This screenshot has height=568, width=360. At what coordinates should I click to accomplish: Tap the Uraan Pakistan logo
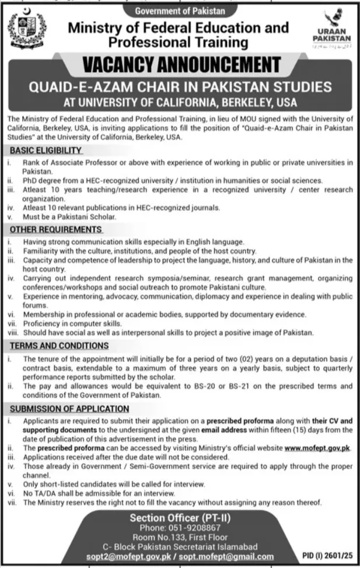[x=331, y=33]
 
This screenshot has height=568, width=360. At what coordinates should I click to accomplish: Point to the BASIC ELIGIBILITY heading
[x=46, y=150]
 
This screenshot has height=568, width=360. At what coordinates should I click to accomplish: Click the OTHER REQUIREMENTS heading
[x=56, y=229]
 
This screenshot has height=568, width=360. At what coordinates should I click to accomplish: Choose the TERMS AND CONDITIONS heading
[x=59, y=346]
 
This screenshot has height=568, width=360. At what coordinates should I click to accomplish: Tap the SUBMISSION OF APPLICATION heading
[x=69, y=409]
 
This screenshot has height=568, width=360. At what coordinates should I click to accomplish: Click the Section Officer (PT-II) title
[x=179, y=517]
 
